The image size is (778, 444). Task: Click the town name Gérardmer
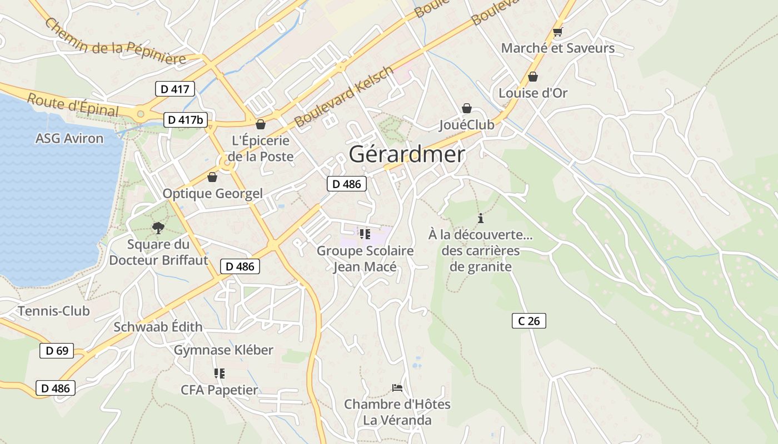tap(407, 154)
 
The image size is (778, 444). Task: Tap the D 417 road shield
tap(175, 89)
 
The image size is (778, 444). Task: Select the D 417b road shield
tap(186, 120)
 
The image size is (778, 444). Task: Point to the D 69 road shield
tap(57, 351)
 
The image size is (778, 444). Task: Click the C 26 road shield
tap(528, 321)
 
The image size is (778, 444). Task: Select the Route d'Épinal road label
tap(73, 105)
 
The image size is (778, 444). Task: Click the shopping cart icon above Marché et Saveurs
tap(558, 32)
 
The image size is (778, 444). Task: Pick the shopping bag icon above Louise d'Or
tap(533, 77)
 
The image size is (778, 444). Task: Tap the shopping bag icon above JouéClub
tap(467, 108)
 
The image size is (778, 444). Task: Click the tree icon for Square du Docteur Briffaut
tap(158, 228)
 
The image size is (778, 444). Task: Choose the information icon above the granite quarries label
tap(481, 218)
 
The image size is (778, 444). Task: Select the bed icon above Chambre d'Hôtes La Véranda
tap(397, 387)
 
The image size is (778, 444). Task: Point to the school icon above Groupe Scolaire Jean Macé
tap(365, 234)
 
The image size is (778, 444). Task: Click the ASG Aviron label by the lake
tap(69, 139)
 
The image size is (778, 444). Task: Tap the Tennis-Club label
tap(54, 311)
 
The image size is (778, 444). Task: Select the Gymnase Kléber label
tap(223, 350)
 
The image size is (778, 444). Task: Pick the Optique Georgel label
tap(212, 194)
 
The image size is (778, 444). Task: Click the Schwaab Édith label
tap(158, 327)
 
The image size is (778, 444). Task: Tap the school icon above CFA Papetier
tap(220, 374)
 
